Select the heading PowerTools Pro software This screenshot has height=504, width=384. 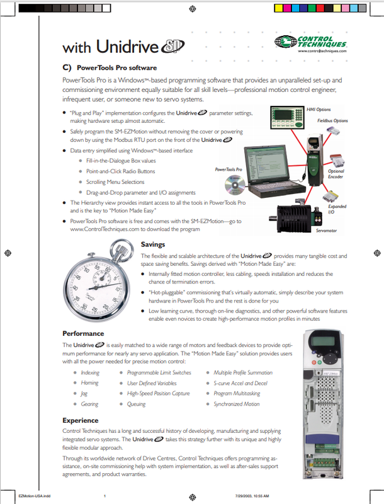coord(116,67)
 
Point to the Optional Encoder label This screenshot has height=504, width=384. coord(354,174)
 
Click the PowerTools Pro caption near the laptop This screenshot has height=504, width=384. coord(229,169)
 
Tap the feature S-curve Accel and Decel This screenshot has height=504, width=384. coord(240,383)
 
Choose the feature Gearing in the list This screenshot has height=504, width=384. coord(89,404)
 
